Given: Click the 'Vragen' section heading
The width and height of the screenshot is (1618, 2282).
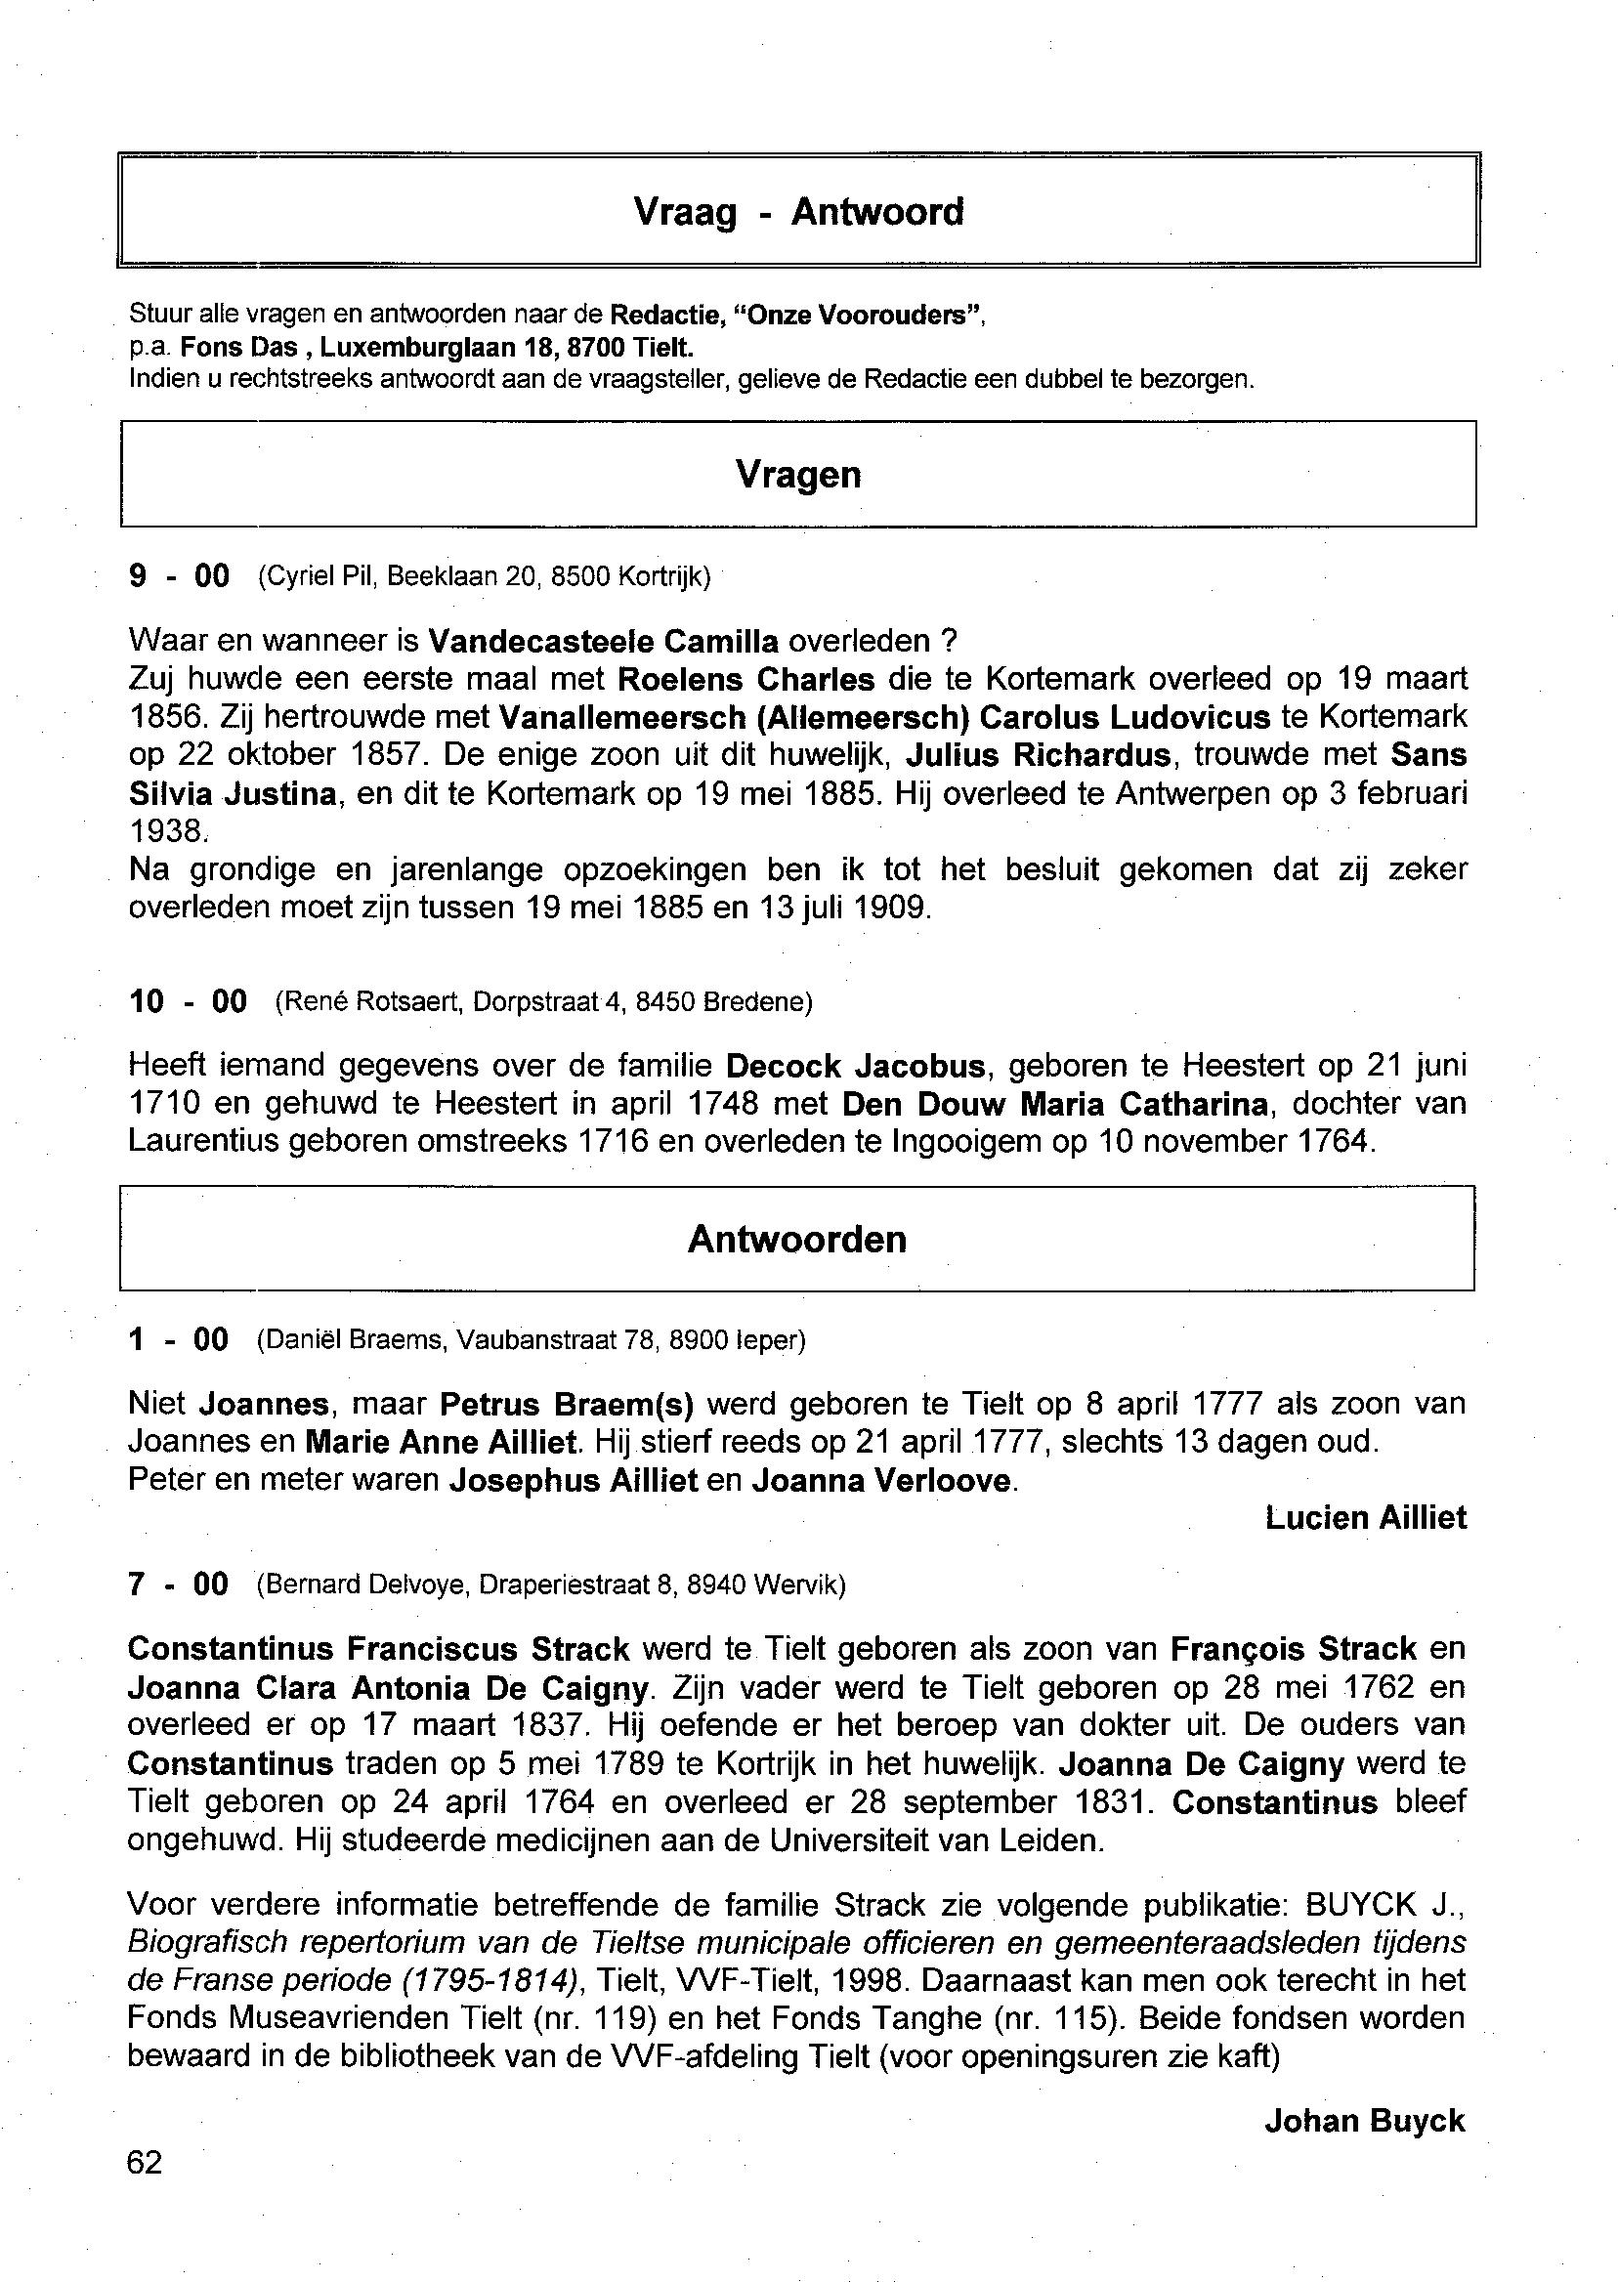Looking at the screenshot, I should point(798,474).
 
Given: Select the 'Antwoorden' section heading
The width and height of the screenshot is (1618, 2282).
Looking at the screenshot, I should point(797,1239).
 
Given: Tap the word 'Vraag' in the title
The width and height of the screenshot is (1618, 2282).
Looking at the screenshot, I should point(686,212).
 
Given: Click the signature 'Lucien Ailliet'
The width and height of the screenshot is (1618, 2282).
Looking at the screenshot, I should point(1366,1518).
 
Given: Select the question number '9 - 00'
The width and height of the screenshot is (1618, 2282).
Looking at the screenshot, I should point(180,575).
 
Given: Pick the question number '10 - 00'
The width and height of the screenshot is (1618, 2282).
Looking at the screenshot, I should point(189,1001).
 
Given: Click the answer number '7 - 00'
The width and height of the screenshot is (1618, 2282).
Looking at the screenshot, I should point(179,1584).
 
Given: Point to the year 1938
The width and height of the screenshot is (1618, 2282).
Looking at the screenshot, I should point(165,830).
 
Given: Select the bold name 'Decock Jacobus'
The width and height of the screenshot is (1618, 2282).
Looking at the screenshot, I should point(856,1067).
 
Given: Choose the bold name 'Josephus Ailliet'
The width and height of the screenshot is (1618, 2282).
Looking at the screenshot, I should point(573,1481).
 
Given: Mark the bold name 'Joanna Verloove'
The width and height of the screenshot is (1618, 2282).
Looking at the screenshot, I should point(881,1481).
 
